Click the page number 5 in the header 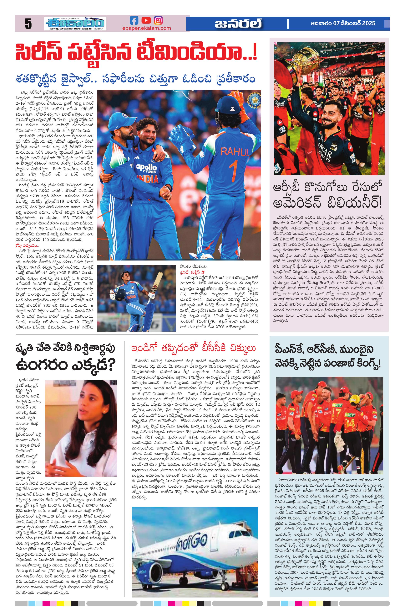click(28, 24)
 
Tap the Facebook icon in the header click(134, 20)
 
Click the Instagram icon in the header click(158, 20)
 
